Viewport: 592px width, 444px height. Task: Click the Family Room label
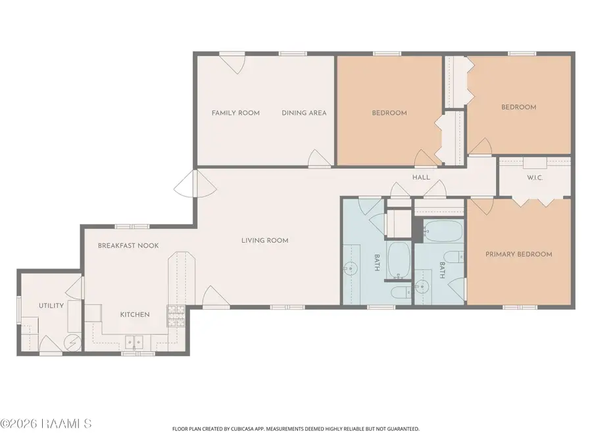[235, 113]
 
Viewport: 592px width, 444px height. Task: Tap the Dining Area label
[304, 113]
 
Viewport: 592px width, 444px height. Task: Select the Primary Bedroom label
[519, 254]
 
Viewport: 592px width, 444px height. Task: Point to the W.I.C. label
[535, 178]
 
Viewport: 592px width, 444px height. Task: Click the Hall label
[421, 178]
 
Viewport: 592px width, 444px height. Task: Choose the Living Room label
[264, 241]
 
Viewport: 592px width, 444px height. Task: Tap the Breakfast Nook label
[128, 246]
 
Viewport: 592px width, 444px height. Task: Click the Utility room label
[51, 305]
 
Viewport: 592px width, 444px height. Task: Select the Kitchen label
[135, 314]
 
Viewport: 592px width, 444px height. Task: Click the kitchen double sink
[134, 343]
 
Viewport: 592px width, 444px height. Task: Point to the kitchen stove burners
[176, 316]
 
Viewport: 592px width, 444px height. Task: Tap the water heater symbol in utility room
[72, 343]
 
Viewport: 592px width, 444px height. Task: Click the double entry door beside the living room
[195, 183]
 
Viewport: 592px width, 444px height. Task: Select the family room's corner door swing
[233, 63]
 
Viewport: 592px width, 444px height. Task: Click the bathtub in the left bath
[399, 260]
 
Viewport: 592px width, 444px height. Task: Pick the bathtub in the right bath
[443, 231]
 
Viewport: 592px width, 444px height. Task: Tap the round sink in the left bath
[351, 269]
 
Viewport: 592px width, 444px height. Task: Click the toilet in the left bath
[402, 292]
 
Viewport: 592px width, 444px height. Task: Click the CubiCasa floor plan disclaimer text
[295, 429]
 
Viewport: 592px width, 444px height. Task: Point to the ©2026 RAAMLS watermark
[45, 424]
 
